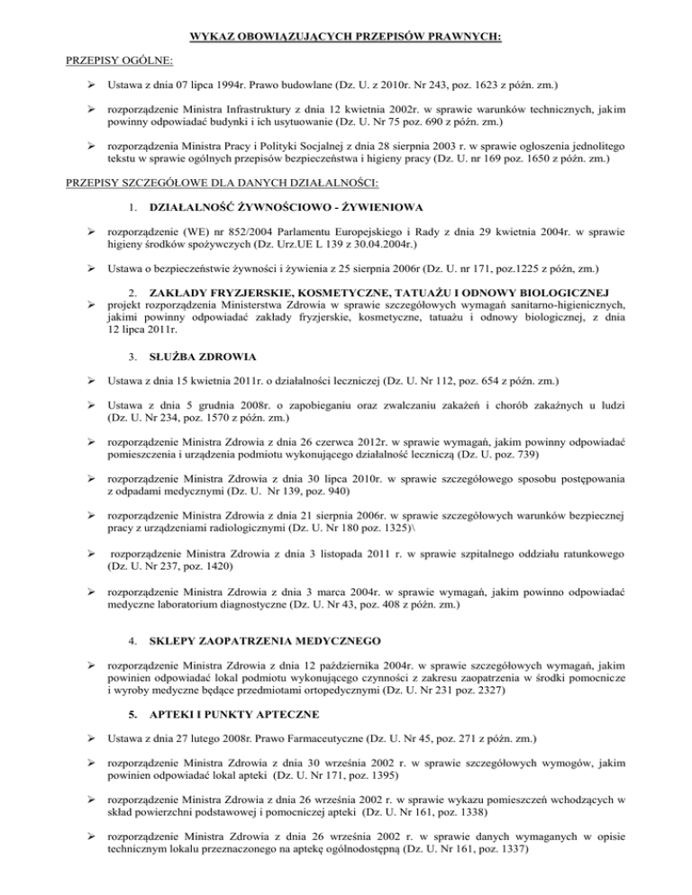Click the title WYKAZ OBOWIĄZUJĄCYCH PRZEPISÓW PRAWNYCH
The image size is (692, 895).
tap(346, 37)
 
